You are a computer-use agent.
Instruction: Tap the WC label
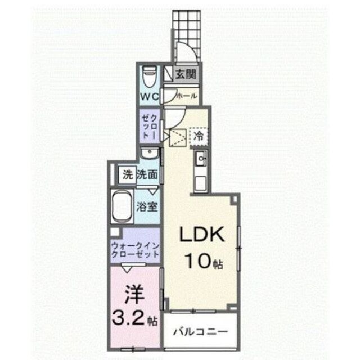pyautogui.click(x=149, y=96)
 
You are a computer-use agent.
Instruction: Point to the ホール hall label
pyautogui.click(x=187, y=96)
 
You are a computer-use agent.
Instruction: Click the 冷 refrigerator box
pyautogui.click(x=199, y=135)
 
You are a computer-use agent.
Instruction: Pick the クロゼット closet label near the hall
pyautogui.click(x=150, y=126)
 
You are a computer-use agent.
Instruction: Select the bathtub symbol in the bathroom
pyautogui.click(x=121, y=206)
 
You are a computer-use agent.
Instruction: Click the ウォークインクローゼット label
pyautogui.click(x=134, y=250)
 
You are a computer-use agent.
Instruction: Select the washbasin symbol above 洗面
pyautogui.click(x=150, y=154)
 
